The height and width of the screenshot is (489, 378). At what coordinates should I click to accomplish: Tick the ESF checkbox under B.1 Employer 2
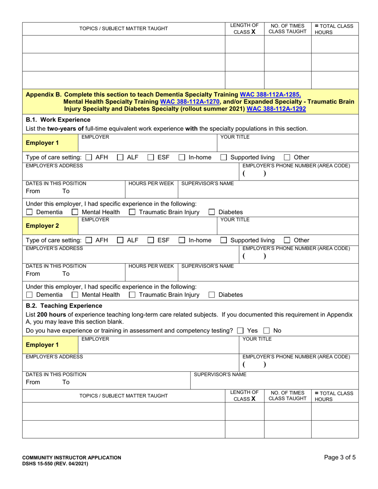151,241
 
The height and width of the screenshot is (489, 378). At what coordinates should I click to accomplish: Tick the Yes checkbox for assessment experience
240,331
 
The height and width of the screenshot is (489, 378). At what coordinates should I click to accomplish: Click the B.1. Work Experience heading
58,120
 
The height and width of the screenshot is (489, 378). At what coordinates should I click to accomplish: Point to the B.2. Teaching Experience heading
64,306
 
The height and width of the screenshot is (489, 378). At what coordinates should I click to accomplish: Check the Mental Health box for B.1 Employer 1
75,212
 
